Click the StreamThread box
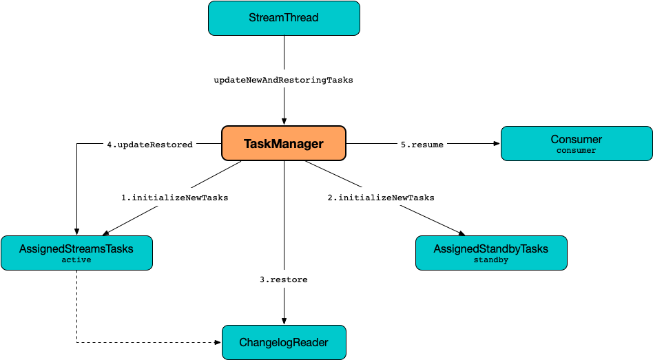284,18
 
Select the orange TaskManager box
283,144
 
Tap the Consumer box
576,143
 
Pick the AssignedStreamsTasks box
76,253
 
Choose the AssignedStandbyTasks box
490,253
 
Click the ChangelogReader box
284,342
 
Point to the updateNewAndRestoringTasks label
283,80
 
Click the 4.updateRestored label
149,145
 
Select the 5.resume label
422,145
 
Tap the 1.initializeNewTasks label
174,198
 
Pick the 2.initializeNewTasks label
380,198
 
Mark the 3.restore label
284,279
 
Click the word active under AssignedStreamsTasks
76,260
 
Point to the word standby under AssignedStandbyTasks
490,260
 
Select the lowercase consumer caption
576,150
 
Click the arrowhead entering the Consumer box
497,144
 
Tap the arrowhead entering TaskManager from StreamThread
284,121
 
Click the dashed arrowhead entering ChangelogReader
218,342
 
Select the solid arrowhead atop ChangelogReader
284,321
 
